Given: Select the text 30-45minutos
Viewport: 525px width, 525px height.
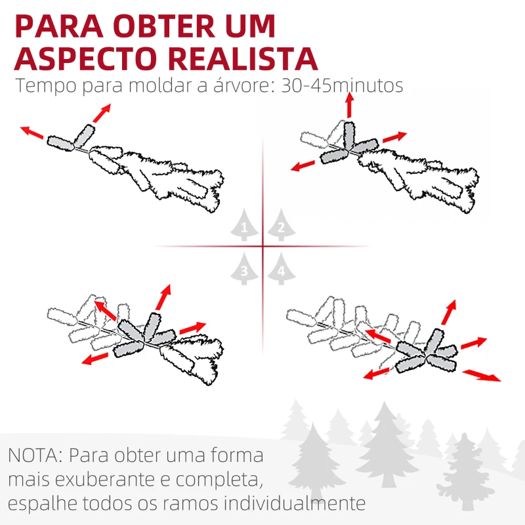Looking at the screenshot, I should click(x=341, y=86).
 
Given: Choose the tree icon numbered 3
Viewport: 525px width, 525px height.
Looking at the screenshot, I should click(x=244, y=269).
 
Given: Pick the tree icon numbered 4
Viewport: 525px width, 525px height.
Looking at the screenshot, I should click(x=281, y=269).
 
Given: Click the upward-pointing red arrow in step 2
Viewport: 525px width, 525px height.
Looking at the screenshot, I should click(x=348, y=105).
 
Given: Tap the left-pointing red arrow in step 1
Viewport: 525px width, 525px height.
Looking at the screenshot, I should click(x=33, y=133).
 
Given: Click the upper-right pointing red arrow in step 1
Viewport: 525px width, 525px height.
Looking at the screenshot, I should click(x=100, y=113).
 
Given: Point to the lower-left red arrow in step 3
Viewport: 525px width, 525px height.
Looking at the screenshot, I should click(x=96, y=358).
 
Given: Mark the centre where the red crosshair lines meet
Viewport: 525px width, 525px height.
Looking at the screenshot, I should click(x=262, y=247).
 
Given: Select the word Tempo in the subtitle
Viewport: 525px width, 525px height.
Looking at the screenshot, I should click(x=44, y=86).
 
